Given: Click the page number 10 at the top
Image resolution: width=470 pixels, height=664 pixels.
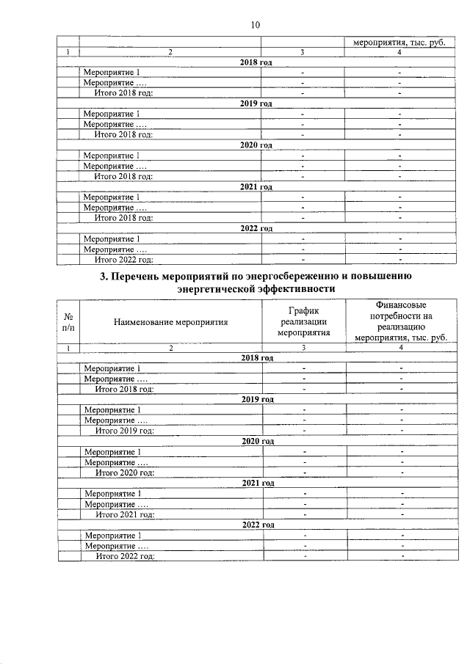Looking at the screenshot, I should pyautogui.click(x=255, y=25).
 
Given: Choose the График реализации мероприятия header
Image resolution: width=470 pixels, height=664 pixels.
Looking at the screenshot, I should pyautogui.click(x=303, y=321).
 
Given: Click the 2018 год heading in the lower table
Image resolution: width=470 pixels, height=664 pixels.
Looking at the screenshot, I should pyautogui.click(x=257, y=357).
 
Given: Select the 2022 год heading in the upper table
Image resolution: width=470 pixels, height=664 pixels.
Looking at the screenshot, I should pyautogui.click(x=256, y=228).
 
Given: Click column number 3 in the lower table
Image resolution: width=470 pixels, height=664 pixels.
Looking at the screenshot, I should pyautogui.click(x=303, y=347).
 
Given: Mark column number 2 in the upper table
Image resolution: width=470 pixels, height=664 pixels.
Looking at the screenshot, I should pyautogui.click(x=170, y=52).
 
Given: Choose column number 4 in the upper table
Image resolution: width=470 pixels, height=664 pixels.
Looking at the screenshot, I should pyautogui.click(x=399, y=52).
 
